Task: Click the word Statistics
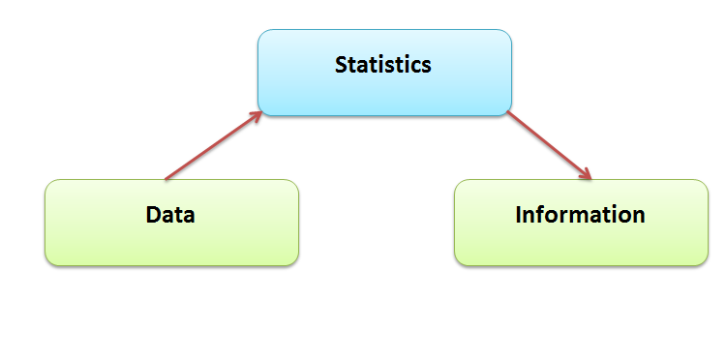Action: click(x=383, y=66)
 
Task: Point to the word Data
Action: click(x=170, y=214)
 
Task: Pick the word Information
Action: click(x=580, y=214)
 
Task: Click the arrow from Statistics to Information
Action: click(x=548, y=145)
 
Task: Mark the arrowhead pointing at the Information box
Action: click(x=586, y=175)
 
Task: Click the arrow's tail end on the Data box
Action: click(x=166, y=179)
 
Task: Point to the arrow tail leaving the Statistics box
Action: click(x=509, y=113)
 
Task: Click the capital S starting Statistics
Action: click(x=341, y=66)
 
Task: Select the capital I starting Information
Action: click(x=519, y=214)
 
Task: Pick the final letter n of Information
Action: click(x=639, y=215)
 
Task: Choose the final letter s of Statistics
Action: click(x=426, y=67)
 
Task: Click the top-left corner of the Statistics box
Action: click(x=260, y=33)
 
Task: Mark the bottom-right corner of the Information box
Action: click(x=706, y=262)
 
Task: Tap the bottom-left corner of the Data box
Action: click(x=47, y=262)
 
